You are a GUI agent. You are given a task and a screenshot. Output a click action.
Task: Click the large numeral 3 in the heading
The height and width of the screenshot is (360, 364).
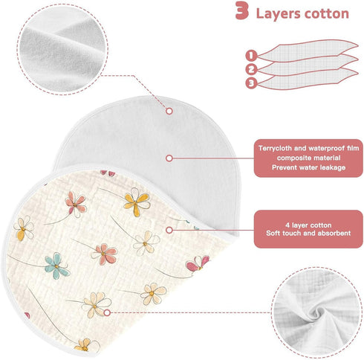(x=241, y=10)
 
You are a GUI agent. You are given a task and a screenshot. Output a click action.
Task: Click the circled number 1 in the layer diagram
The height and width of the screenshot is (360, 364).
(x=251, y=55)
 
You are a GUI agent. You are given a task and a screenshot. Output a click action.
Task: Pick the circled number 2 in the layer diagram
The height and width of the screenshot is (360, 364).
(x=251, y=69)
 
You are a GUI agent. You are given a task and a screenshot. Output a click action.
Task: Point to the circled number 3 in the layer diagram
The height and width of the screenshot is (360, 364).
(x=251, y=83)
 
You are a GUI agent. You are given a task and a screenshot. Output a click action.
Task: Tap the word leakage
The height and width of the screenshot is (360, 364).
(x=333, y=167)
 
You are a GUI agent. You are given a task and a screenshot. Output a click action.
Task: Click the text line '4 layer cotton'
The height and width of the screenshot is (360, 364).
(x=308, y=225)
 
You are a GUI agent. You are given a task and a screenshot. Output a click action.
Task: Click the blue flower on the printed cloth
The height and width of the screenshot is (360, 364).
(x=56, y=266)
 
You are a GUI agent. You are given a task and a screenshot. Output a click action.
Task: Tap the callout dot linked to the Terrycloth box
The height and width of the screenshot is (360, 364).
(x=169, y=158)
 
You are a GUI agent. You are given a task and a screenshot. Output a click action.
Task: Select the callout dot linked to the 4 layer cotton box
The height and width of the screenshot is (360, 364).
(x=169, y=230)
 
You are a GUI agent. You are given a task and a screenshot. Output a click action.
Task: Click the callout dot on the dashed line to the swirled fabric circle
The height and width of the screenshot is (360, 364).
(x=107, y=312)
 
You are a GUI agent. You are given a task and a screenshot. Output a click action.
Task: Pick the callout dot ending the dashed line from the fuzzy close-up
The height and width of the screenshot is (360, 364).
(x=169, y=111)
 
